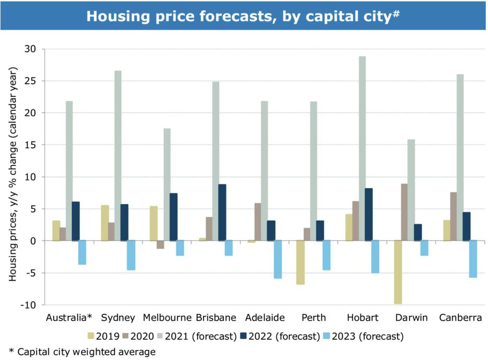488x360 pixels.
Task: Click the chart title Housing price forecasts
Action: click(243, 16)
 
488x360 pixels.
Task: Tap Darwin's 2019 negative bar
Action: click(398, 272)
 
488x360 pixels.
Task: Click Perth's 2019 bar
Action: click(300, 262)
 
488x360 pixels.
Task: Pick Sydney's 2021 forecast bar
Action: click(118, 156)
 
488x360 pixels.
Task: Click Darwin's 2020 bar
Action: click(404, 212)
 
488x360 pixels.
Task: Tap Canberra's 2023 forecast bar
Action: click(472, 259)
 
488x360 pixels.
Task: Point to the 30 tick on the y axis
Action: click(32, 49)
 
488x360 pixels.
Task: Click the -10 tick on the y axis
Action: click(30, 305)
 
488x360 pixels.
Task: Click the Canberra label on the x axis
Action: click(459, 317)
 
